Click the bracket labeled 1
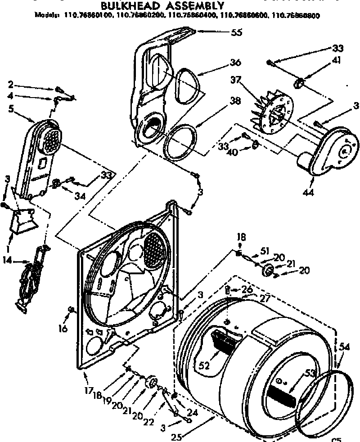click(25, 219)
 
